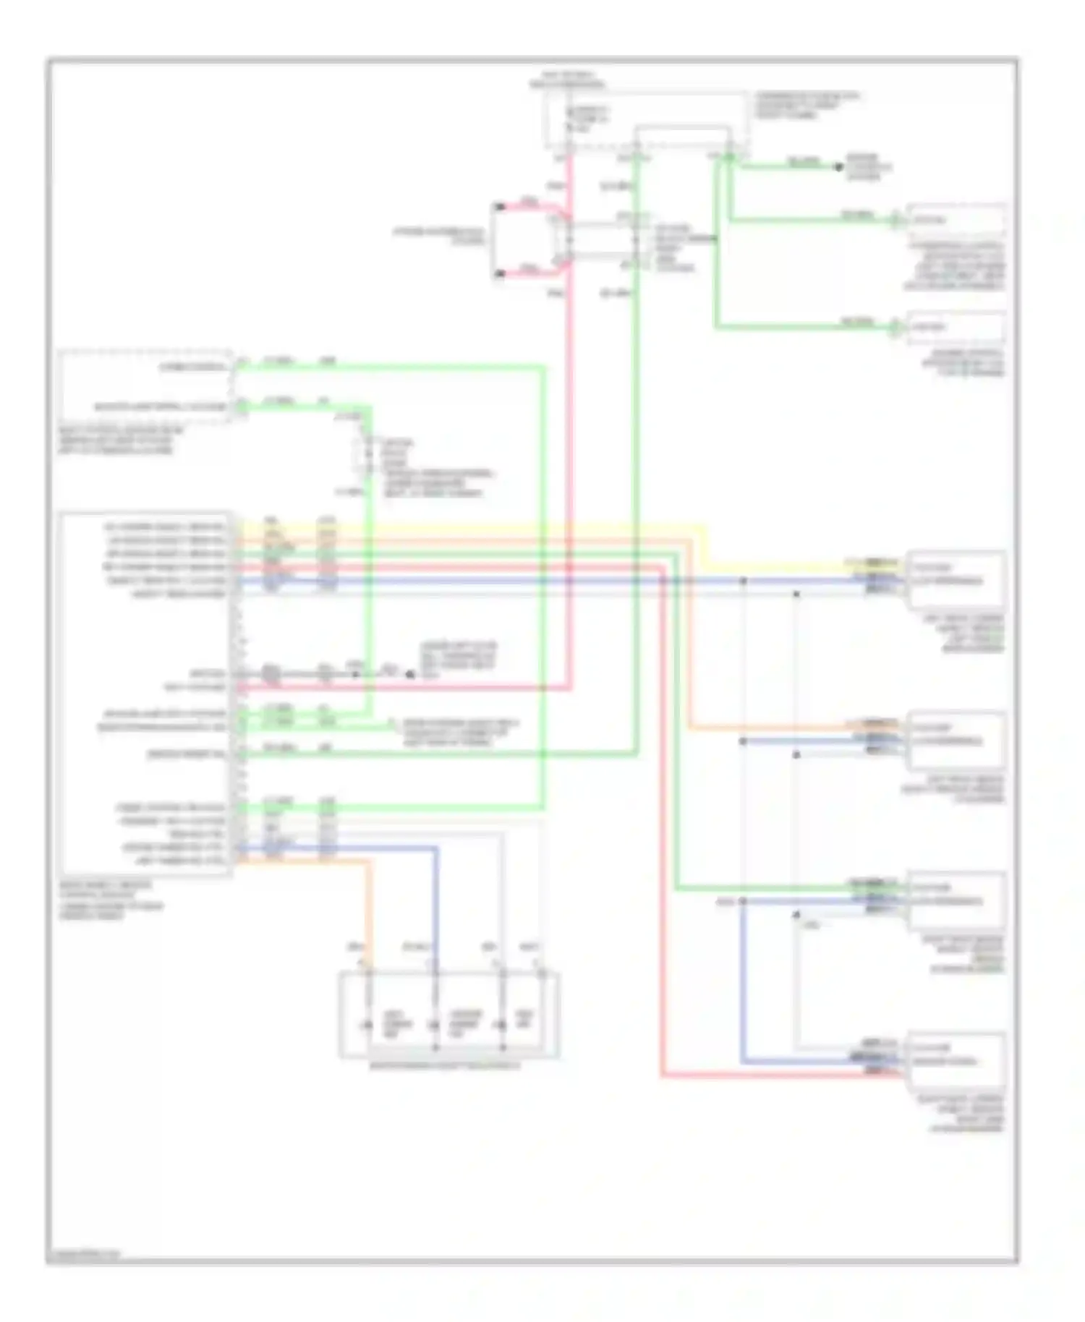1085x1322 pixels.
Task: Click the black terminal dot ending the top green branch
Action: click(839, 167)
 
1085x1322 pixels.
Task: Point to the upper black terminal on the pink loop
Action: click(499, 208)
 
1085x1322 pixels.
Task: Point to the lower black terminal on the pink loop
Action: click(499, 273)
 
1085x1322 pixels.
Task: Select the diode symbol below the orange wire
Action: click(367, 1025)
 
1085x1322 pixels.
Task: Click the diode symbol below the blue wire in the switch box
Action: click(434, 1025)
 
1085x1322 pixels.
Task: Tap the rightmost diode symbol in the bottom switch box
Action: click(501, 1025)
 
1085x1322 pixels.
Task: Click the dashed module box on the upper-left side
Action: click(145, 387)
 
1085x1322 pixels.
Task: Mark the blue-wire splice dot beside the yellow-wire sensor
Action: click(743, 581)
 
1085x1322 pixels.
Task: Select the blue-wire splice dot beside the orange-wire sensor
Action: click(743, 741)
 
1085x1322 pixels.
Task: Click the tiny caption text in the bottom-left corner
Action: click(84, 1255)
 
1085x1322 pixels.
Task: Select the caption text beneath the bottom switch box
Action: click(444, 1065)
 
